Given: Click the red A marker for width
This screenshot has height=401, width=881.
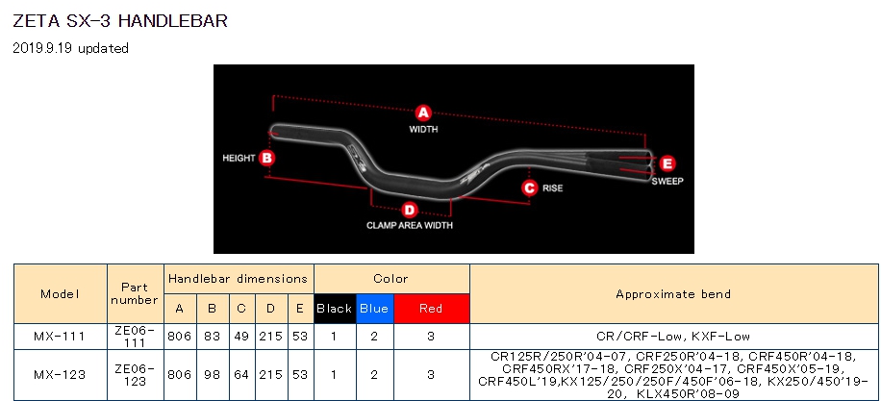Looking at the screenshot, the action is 423,113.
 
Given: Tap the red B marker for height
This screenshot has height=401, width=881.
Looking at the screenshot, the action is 266,158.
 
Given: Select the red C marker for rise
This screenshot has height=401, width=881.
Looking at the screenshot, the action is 529,188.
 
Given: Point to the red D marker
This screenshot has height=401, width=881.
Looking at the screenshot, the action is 410,211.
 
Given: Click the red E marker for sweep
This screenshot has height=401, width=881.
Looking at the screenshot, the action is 667,163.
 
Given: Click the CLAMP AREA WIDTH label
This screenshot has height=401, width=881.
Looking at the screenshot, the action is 410,226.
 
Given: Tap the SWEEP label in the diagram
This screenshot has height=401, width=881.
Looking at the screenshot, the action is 667,182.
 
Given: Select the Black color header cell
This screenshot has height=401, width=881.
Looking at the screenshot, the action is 335,309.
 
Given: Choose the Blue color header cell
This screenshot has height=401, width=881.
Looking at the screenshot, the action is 374,309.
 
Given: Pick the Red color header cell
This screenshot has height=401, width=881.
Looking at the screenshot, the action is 431,309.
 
